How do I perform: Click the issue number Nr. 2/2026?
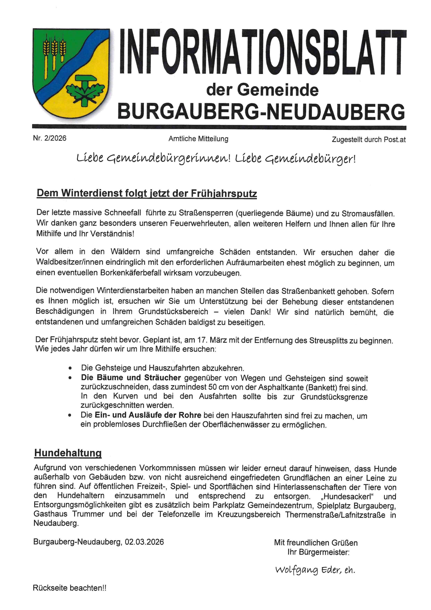click(x=50, y=138)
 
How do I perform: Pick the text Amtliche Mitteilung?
click(x=198, y=139)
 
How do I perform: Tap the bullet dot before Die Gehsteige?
click(x=70, y=368)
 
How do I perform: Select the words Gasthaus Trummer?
click(x=69, y=514)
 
